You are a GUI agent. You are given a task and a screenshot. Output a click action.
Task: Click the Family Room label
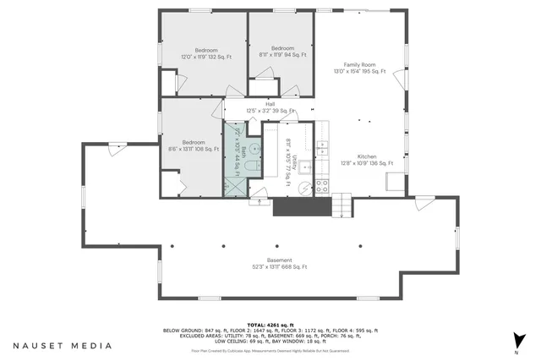pos(358,68)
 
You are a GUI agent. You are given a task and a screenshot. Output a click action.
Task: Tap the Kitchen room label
pos(365,159)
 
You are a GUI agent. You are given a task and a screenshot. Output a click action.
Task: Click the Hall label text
pos(270,107)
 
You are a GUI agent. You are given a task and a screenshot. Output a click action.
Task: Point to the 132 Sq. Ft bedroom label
pos(199,54)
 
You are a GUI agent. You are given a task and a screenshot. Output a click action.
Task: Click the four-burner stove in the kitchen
pos(322,188)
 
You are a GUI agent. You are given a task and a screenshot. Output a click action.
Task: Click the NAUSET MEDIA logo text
pos(62,346)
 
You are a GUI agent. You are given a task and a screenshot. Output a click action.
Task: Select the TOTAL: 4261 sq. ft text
pos(270,325)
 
